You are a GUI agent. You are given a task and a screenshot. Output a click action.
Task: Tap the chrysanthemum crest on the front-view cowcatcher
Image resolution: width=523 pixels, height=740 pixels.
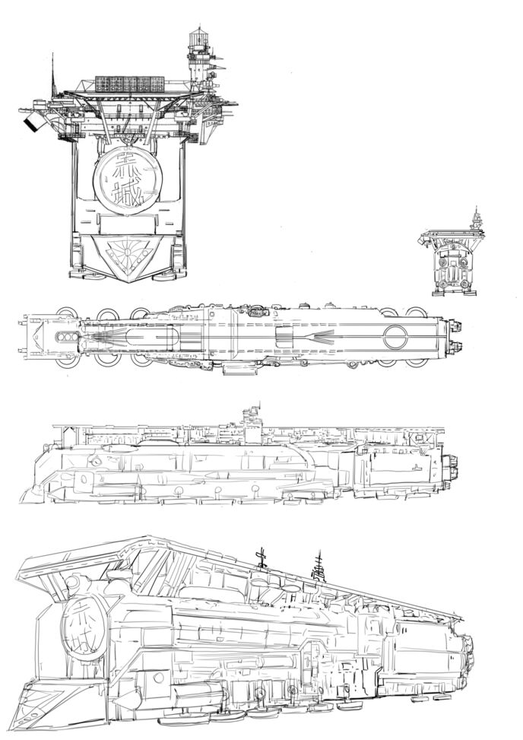point(126,249)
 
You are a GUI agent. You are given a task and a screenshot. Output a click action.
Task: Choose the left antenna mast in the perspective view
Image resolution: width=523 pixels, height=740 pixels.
point(261,557)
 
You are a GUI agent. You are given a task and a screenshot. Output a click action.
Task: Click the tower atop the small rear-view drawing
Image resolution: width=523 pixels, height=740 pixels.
point(476,218)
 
